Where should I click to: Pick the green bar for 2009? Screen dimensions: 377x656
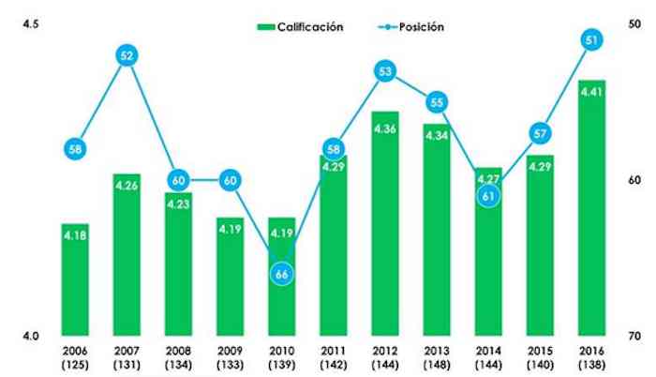click(x=231, y=277)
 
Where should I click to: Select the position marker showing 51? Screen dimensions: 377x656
click(x=591, y=40)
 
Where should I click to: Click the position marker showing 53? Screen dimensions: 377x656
click(x=385, y=71)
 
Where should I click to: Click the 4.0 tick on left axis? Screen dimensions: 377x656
click(x=29, y=336)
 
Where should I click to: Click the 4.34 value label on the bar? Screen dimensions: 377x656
click(x=437, y=137)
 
